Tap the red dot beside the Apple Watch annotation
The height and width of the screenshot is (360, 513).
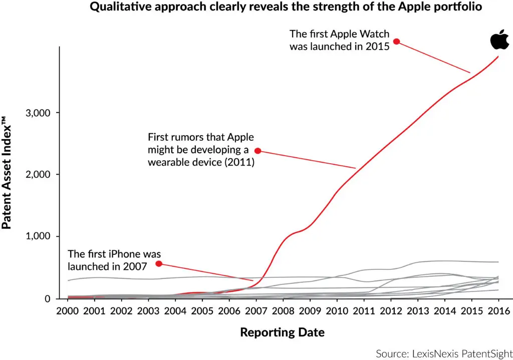396,41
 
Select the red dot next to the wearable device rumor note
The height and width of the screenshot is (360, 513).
258,151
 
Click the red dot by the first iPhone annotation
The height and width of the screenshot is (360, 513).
158,264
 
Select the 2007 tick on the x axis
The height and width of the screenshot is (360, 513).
256,310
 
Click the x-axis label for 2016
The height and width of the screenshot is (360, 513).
498,310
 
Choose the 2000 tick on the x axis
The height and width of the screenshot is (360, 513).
68,310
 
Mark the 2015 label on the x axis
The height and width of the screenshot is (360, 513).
471,310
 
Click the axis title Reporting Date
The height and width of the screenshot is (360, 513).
282,332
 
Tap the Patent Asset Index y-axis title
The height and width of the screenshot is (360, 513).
7,173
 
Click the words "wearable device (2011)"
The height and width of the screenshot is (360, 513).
201,163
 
